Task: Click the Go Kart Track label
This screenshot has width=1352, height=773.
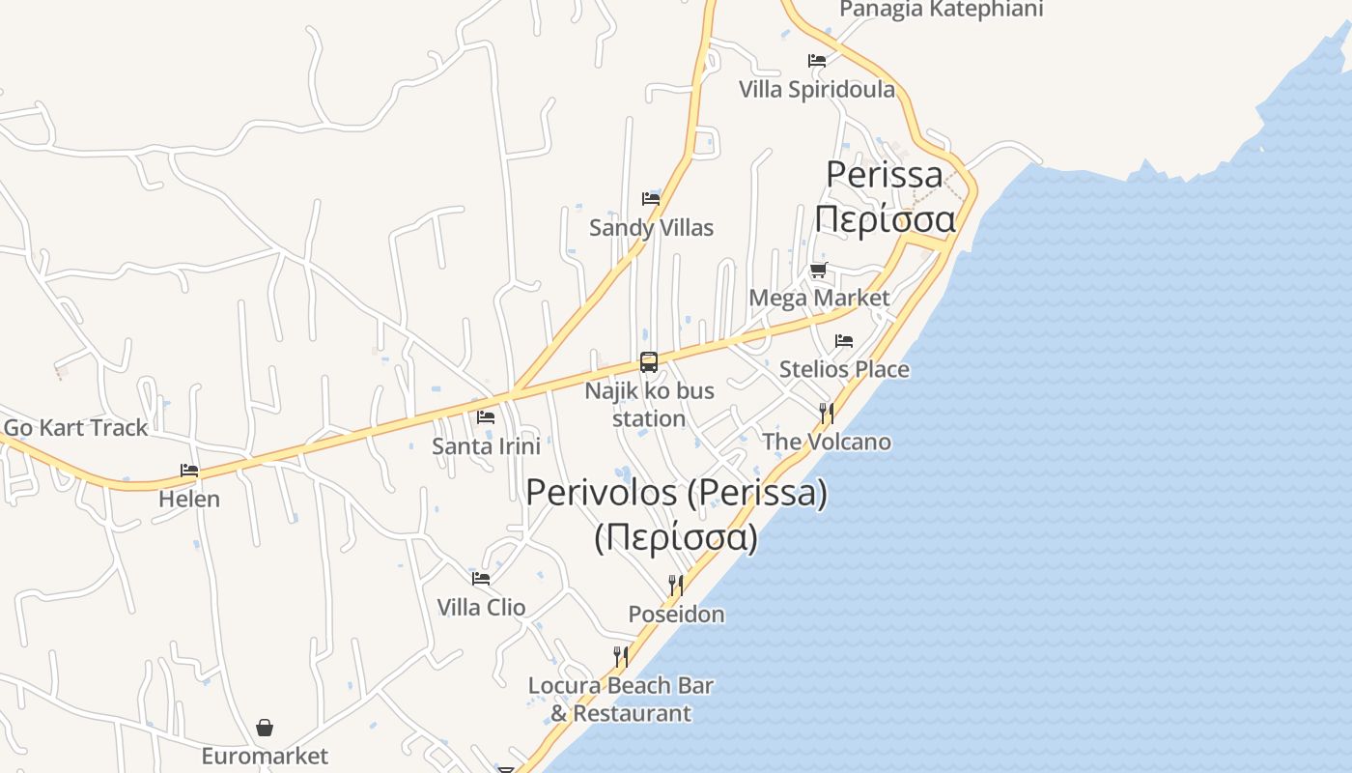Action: (x=76, y=427)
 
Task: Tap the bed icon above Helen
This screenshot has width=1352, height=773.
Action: (x=189, y=471)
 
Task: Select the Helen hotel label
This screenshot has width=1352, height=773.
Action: (x=189, y=499)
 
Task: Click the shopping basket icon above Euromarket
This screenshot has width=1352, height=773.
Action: (x=265, y=728)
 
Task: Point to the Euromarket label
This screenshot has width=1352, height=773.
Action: (x=265, y=756)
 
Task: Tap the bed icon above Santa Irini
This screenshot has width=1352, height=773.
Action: (x=486, y=417)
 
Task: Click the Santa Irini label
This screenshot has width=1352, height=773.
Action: (x=486, y=445)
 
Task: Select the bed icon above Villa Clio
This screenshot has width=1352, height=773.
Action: (x=481, y=579)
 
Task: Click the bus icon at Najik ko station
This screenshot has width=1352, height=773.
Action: (x=649, y=363)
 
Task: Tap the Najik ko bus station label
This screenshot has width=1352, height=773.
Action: (x=649, y=405)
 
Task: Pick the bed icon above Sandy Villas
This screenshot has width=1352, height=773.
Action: (x=651, y=199)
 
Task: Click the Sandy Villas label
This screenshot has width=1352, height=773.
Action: (x=651, y=228)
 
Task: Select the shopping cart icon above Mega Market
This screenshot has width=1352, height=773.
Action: (x=819, y=270)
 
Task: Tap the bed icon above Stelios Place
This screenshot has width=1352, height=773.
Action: (x=844, y=341)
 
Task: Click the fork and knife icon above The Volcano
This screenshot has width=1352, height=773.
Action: (x=827, y=414)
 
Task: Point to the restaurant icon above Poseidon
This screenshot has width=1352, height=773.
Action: (x=676, y=586)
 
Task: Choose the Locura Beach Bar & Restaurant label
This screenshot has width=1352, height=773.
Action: (x=621, y=700)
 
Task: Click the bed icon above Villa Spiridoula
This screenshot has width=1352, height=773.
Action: (x=817, y=61)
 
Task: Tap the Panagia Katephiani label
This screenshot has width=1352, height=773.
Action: (x=941, y=10)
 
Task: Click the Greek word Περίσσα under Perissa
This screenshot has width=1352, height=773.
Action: (x=885, y=219)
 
